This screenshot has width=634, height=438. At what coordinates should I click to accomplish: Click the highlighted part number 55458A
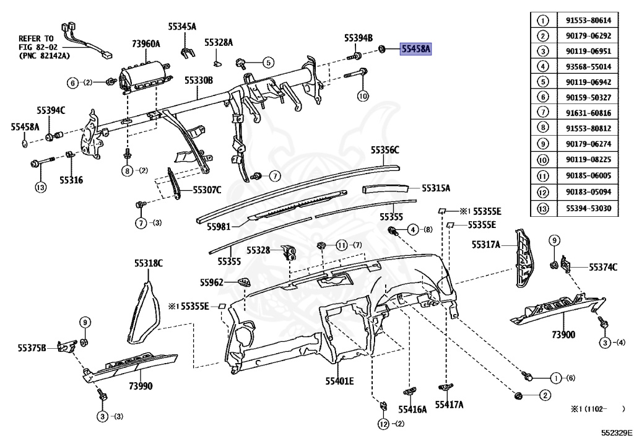click(415, 48)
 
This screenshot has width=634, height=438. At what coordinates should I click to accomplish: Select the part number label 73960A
click(145, 43)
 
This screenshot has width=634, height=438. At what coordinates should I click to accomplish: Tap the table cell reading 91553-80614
click(588, 20)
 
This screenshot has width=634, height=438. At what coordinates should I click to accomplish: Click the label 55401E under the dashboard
click(339, 380)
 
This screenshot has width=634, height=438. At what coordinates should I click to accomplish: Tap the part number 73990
click(140, 387)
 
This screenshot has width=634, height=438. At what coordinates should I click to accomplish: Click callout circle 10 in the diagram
click(363, 95)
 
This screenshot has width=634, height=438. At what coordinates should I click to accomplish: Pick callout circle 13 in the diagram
click(40, 186)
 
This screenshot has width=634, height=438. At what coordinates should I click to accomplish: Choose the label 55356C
click(385, 150)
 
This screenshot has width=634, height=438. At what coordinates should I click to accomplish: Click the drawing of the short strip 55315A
click(386, 187)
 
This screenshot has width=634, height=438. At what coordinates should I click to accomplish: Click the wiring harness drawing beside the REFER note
click(83, 40)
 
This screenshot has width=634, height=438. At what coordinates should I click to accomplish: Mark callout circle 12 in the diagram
click(384, 424)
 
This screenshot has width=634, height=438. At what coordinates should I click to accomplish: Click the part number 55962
click(211, 282)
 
